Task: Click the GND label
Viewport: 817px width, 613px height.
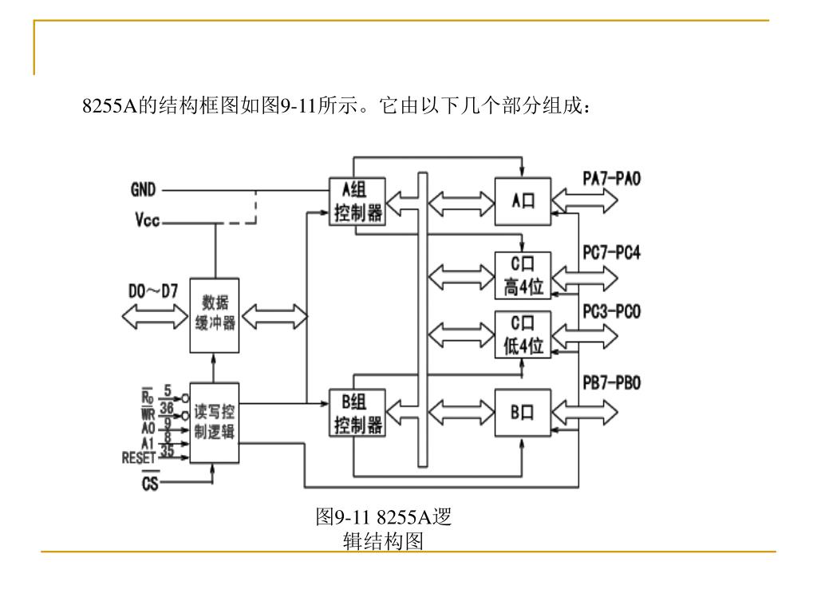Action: [x=144, y=190]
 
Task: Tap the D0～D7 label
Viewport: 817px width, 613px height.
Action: [x=153, y=291]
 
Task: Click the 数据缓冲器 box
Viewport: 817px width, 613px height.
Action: [x=214, y=314]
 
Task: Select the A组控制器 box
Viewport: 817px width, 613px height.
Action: [x=357, y=201]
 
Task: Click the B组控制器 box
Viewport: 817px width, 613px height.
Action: [x=357, y=413]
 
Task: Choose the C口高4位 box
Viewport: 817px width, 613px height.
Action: [x=523, y=275]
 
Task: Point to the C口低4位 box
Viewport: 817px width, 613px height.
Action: [x=523, y=334]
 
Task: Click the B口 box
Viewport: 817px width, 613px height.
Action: [x=523, y=412]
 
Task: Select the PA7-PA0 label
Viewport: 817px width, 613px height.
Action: [x=611, y=180]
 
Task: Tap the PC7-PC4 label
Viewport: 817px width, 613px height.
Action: [x=611, y=253]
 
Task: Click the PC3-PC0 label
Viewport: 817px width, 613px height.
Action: [x=611, y=310]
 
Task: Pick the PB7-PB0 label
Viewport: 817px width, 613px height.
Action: [x=611, y=384]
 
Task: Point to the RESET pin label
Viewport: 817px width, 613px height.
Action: [x=138, y=458]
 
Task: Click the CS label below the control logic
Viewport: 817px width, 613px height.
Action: [x=150, y=484]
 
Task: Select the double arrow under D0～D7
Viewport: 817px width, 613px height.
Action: [x=153, y=318]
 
